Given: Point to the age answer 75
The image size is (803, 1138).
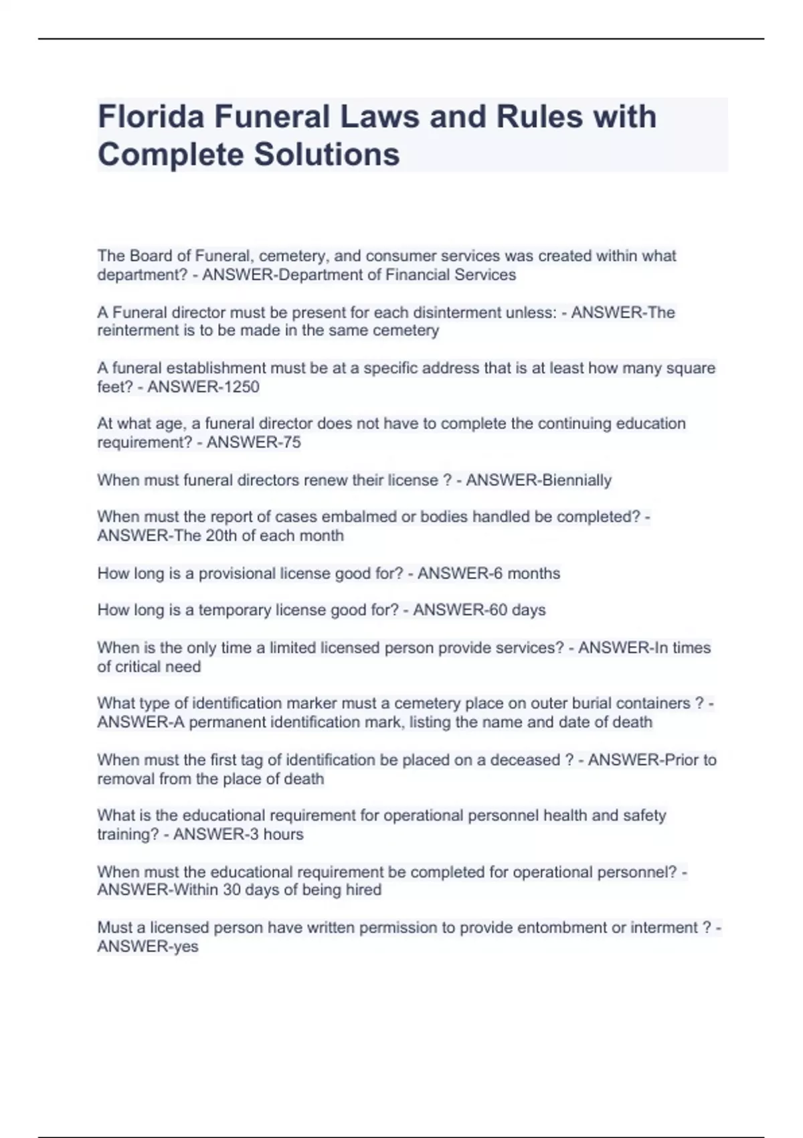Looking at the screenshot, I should point(292,442).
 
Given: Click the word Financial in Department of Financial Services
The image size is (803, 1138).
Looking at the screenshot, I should point(417,275).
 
